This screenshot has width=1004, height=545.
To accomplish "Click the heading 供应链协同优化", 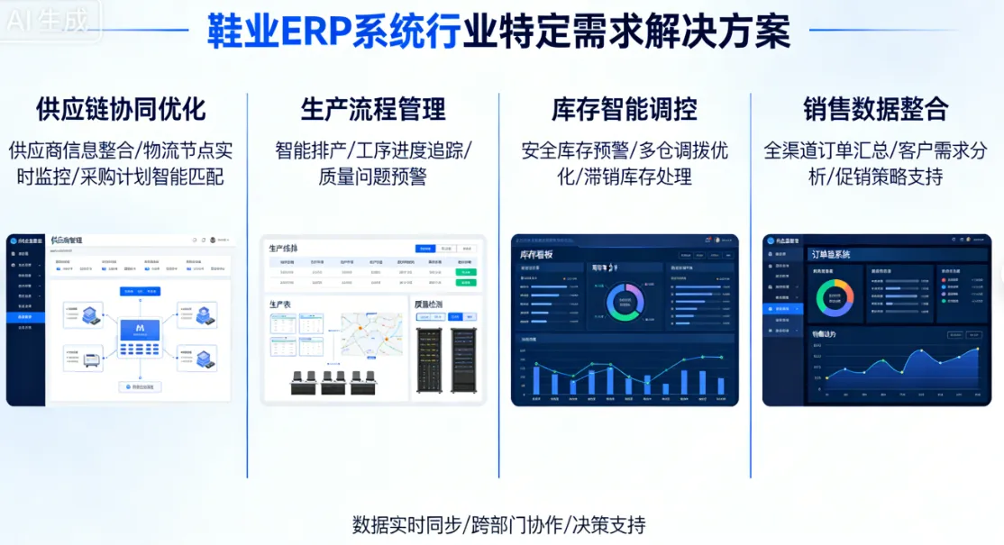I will pyautogui.click(x=121, y=110).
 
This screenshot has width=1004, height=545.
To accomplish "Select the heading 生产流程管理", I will pyautogui.click(x=373, y=110).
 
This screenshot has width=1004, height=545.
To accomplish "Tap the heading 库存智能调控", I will pyautogui.click(x=625, y=110).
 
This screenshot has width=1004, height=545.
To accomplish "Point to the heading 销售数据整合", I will pyautogui.click(x=876, y=110).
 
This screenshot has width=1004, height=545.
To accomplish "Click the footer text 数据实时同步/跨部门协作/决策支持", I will pyautogui.click(x=498, y=524).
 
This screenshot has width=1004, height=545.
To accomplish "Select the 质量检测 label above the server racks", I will pyautogui.click(x=429, y=304).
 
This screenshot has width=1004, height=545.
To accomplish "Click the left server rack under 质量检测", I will pyautogui.click(x=428, y=359).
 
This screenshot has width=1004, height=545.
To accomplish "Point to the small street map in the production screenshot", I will pyautogui.click(x=370, y=333).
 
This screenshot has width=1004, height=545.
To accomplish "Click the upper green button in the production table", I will pyautogui.click(x=466, y=271).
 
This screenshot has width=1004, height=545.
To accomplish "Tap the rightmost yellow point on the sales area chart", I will pyautogui.click(x=977, y=350).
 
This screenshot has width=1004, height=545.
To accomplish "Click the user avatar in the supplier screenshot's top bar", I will pyautogui.click(x=213, y=241).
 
